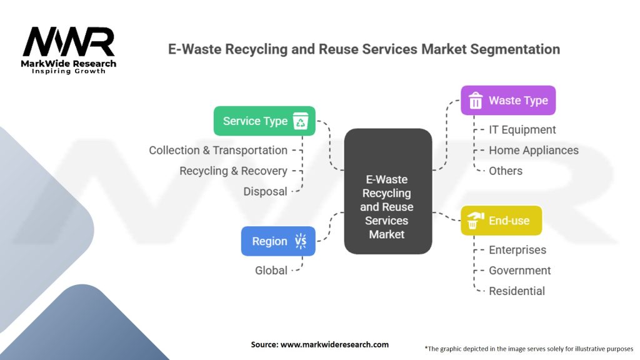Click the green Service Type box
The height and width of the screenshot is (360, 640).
click(264, 121)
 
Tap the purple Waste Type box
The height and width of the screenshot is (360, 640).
click(508, 101)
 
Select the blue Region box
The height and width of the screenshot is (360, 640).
click(278, 241)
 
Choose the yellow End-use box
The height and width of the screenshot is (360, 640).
click(501, 221)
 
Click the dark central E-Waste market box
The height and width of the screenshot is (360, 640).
click(387, 191)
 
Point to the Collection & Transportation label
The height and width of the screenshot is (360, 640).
click(218, 150)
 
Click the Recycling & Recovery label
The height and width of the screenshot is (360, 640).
click(234, 171)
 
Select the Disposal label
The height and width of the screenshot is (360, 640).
click(265, 191)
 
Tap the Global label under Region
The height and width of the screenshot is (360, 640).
click(271, 270)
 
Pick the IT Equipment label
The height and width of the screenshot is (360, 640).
click(522, 130)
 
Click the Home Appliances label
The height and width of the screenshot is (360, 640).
click(534, 150)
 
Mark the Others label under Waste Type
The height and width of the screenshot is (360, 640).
click(506, 171)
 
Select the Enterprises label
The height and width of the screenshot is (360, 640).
click(517, 250)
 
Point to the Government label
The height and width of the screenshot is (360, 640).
click(520, 270)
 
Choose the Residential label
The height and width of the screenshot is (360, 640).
click(517, 291)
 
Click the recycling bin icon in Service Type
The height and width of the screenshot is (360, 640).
click(301, 121)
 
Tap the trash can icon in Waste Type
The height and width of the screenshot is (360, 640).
click(476, 101)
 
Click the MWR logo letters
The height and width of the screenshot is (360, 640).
click(69, 42)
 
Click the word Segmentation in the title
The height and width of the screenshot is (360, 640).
click(515, 49)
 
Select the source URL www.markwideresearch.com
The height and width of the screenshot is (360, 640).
click(335, 344)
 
